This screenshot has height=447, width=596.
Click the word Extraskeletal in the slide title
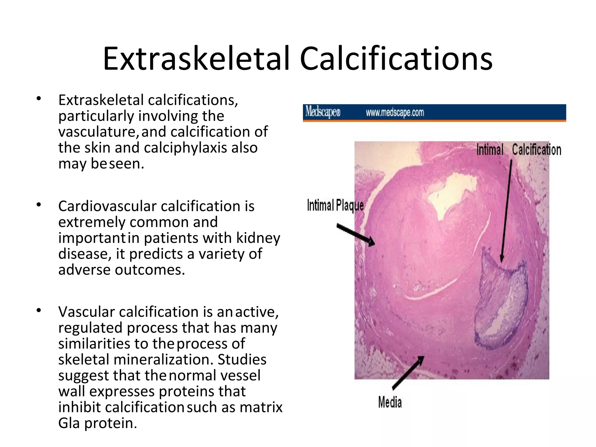point(196,59)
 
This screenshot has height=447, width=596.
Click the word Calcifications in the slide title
point(396,59)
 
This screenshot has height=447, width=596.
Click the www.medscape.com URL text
point(395,113)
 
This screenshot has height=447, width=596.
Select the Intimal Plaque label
point(335,206)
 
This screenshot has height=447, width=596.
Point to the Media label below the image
point(390,402)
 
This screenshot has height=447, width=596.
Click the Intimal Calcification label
point(519,150)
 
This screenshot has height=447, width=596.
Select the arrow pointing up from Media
point(409,372)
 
